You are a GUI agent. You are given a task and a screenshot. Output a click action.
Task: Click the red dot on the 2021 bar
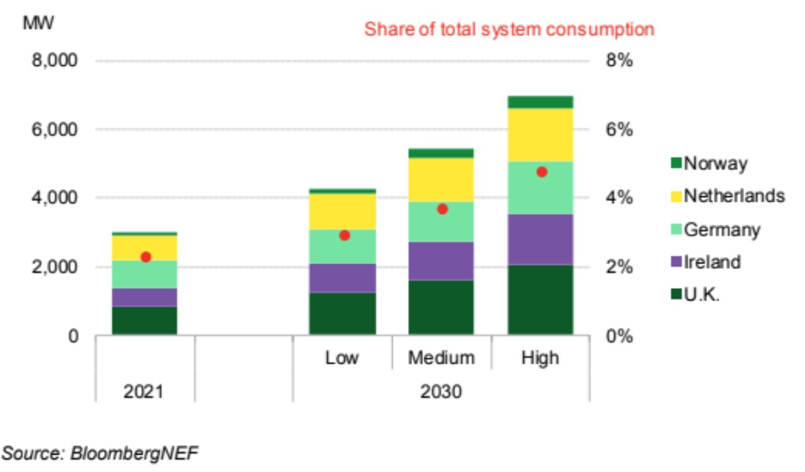point(145,257)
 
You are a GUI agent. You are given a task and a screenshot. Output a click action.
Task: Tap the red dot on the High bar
point(542,172)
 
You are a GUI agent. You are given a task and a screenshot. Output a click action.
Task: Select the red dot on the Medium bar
point(442,209)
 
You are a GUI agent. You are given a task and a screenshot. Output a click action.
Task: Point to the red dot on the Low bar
point(344,235)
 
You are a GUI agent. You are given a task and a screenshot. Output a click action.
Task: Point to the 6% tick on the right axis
point(617,129)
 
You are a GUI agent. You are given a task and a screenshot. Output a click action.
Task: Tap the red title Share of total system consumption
point(509,29)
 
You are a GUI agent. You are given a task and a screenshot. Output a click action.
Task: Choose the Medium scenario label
point(442,357)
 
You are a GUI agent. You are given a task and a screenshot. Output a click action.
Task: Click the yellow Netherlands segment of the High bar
point(540,135)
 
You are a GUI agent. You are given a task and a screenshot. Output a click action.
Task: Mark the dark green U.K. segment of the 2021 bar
point(145,320)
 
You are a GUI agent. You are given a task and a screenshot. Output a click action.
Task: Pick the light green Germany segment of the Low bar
point(343,247)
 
